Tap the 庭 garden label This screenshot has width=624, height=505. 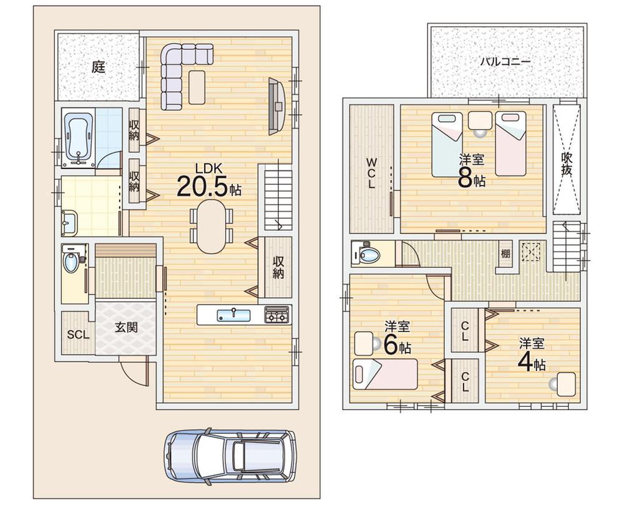click(x=99, y=67)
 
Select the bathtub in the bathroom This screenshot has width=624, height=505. click(x=79, y=137)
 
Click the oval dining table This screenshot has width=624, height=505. click(x=211, y=226)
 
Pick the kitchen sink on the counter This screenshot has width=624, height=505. click(x=233, y=315)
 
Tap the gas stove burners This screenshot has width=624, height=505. click(x=277, y=315)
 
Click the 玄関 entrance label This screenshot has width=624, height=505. click(x=126, y=327)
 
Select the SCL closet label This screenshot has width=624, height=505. click(x=78, y=335)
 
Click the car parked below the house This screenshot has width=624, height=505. click(x=230, y=456)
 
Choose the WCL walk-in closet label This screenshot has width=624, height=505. click(x=371, y=173)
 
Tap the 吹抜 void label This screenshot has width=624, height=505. click(x=567, y=164)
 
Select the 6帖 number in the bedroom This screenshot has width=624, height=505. click(x=397, y=345)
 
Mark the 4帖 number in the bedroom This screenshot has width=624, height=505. click(x=531, y=362)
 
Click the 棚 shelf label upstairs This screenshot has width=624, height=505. click(x=505, y=253)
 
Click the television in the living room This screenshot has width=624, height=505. click(x=276, y=106)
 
